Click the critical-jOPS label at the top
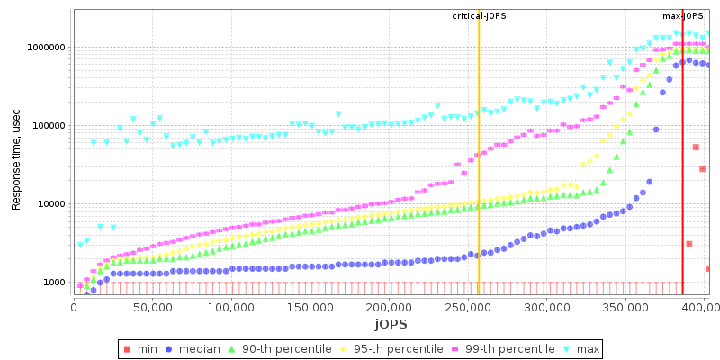click(478, 16)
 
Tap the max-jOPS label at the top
click(682, 16)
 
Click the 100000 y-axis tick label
click(48, 126)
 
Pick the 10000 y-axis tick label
click(50, 204)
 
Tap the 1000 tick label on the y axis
click(53, 283)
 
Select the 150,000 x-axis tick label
click(310, 307)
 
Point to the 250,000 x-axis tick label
click(467, 307)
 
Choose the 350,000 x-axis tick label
click(625, 307)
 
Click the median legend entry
click(193, 349)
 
